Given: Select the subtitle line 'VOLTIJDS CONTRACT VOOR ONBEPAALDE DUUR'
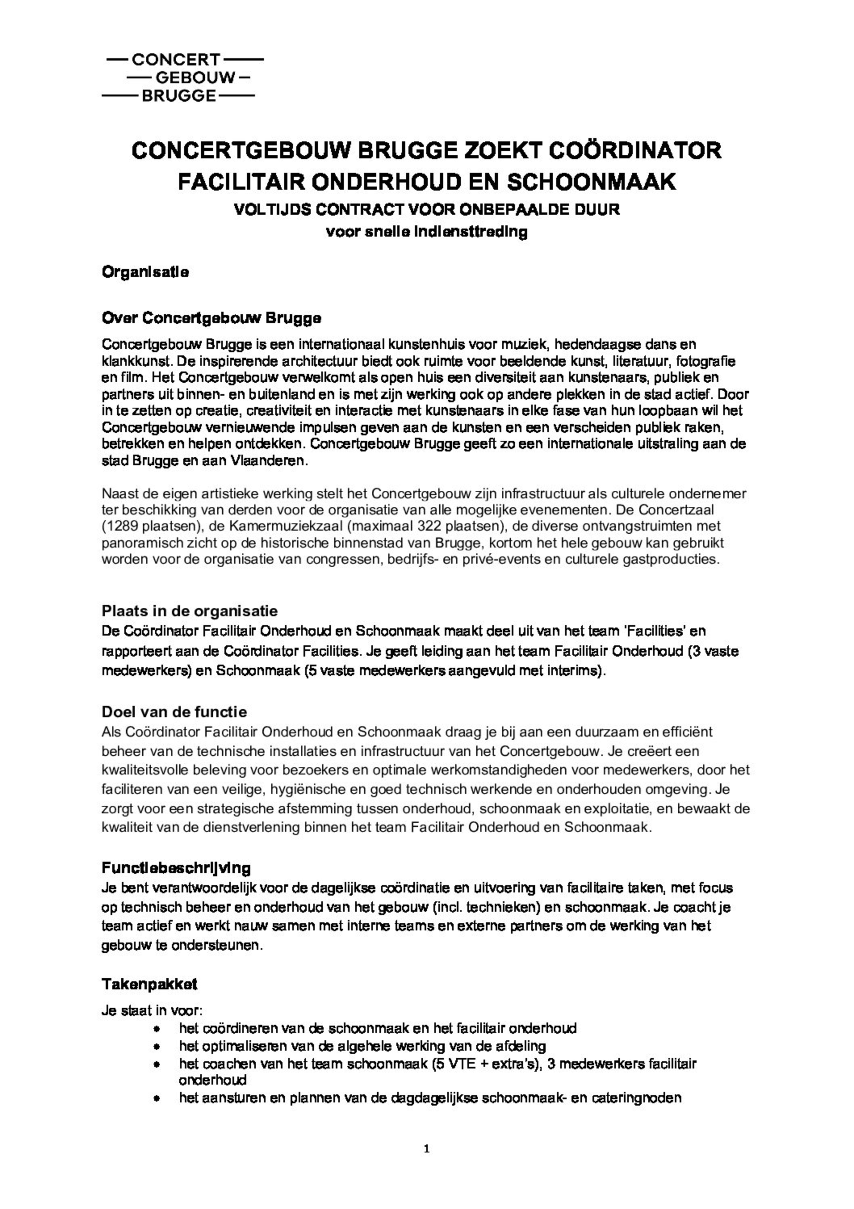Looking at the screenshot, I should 427,210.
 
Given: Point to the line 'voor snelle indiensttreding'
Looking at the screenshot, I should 427,232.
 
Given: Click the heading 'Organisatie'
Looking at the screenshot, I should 145,273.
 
